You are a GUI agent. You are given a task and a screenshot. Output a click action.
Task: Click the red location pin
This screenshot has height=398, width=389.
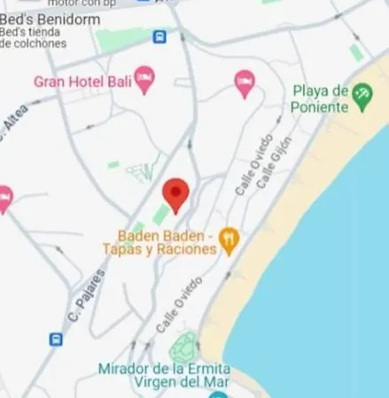[176, 194]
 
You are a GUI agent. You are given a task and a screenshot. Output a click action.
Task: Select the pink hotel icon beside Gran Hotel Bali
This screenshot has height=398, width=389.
[144, 80]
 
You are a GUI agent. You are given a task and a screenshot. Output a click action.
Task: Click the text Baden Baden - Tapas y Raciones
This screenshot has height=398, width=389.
[166, 242]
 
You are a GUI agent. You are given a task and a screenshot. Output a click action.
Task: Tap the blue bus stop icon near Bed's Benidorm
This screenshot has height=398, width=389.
[159, 37]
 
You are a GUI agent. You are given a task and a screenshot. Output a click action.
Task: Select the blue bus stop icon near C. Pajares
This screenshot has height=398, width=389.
[56, 339]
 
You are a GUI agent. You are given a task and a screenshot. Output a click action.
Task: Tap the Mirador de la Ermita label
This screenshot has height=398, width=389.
[164, 368]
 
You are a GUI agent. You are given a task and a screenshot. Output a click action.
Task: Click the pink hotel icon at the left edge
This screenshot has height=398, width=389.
[4, 198]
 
